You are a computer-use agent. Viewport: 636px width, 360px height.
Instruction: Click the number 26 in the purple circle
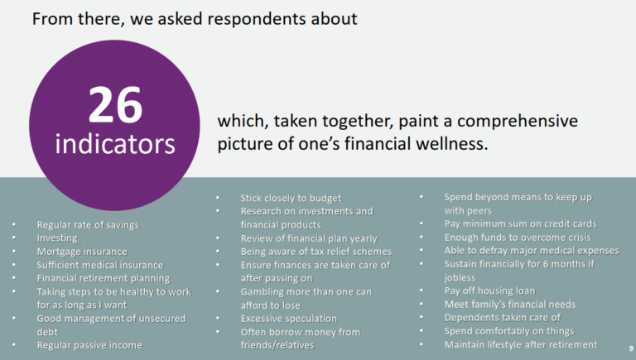click(x=116, y=104)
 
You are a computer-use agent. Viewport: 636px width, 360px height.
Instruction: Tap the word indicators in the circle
click(x=115, y=144)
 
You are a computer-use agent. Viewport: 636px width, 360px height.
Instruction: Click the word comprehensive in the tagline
click(x=517, y=121)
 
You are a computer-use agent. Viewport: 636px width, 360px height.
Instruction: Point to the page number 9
click(x=631, y=348)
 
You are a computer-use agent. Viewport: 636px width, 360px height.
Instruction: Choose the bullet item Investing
click(x=57, y=238)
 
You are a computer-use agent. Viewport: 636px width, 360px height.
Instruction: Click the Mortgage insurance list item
click(x=82, y=252)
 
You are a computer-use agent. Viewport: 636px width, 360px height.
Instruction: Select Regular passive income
click(x=89, y=345)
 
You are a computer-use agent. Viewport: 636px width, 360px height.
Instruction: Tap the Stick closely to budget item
click(x=291, y=199)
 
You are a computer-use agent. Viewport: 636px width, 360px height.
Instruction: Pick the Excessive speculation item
click(x=289, y=319)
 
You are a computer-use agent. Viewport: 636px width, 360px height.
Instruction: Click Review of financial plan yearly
click(x=309, y=238)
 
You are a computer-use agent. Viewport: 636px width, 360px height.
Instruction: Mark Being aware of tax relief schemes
click(x=316, y=252)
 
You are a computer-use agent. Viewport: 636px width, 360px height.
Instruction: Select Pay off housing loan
click(x=489, y=290)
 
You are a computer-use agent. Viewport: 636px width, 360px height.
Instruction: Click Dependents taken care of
click(x=502, y=318)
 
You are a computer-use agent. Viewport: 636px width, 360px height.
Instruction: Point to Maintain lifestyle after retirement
click(x=520, y=344)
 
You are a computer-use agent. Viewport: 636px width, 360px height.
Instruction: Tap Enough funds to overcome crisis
click(x=517, y=238)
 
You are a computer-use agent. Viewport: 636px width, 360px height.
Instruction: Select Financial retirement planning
click(x=104, y=279)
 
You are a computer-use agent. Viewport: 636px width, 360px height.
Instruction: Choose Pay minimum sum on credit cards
click(x=520, y=223)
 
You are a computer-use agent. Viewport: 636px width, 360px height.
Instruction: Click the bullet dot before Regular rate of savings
click(x=14, y=224)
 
